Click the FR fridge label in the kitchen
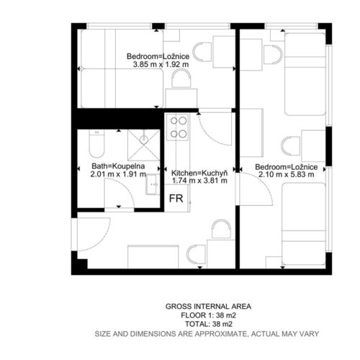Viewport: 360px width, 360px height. (x=176, y=199)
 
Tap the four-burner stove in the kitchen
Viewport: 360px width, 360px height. (x=178, y=127)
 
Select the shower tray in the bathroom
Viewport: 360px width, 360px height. (x=144, y=145)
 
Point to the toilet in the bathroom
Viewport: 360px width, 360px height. (x=96, y=143)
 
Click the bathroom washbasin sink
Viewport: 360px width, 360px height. (x=153, y=184)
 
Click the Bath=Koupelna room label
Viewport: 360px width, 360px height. (x=118, y=166)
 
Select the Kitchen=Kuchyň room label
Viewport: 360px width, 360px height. (x=199, y=173)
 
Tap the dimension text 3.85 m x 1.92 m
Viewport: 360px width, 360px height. (x=161, y=64)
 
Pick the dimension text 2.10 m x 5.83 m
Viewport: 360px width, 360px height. (x=287, y=174)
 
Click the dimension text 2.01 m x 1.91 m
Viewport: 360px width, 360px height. (x=118, y=174)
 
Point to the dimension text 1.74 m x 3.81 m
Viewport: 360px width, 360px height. (x=199, y=181)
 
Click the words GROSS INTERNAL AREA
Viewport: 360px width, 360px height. (x=208, y=306)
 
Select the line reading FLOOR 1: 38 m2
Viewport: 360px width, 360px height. (x=208, y=315)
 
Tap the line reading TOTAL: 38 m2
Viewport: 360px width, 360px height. (x=209, y=324)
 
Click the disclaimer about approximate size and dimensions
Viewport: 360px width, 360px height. (x=207, y=334)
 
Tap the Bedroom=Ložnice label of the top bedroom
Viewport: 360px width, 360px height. (x=158, y=56)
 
